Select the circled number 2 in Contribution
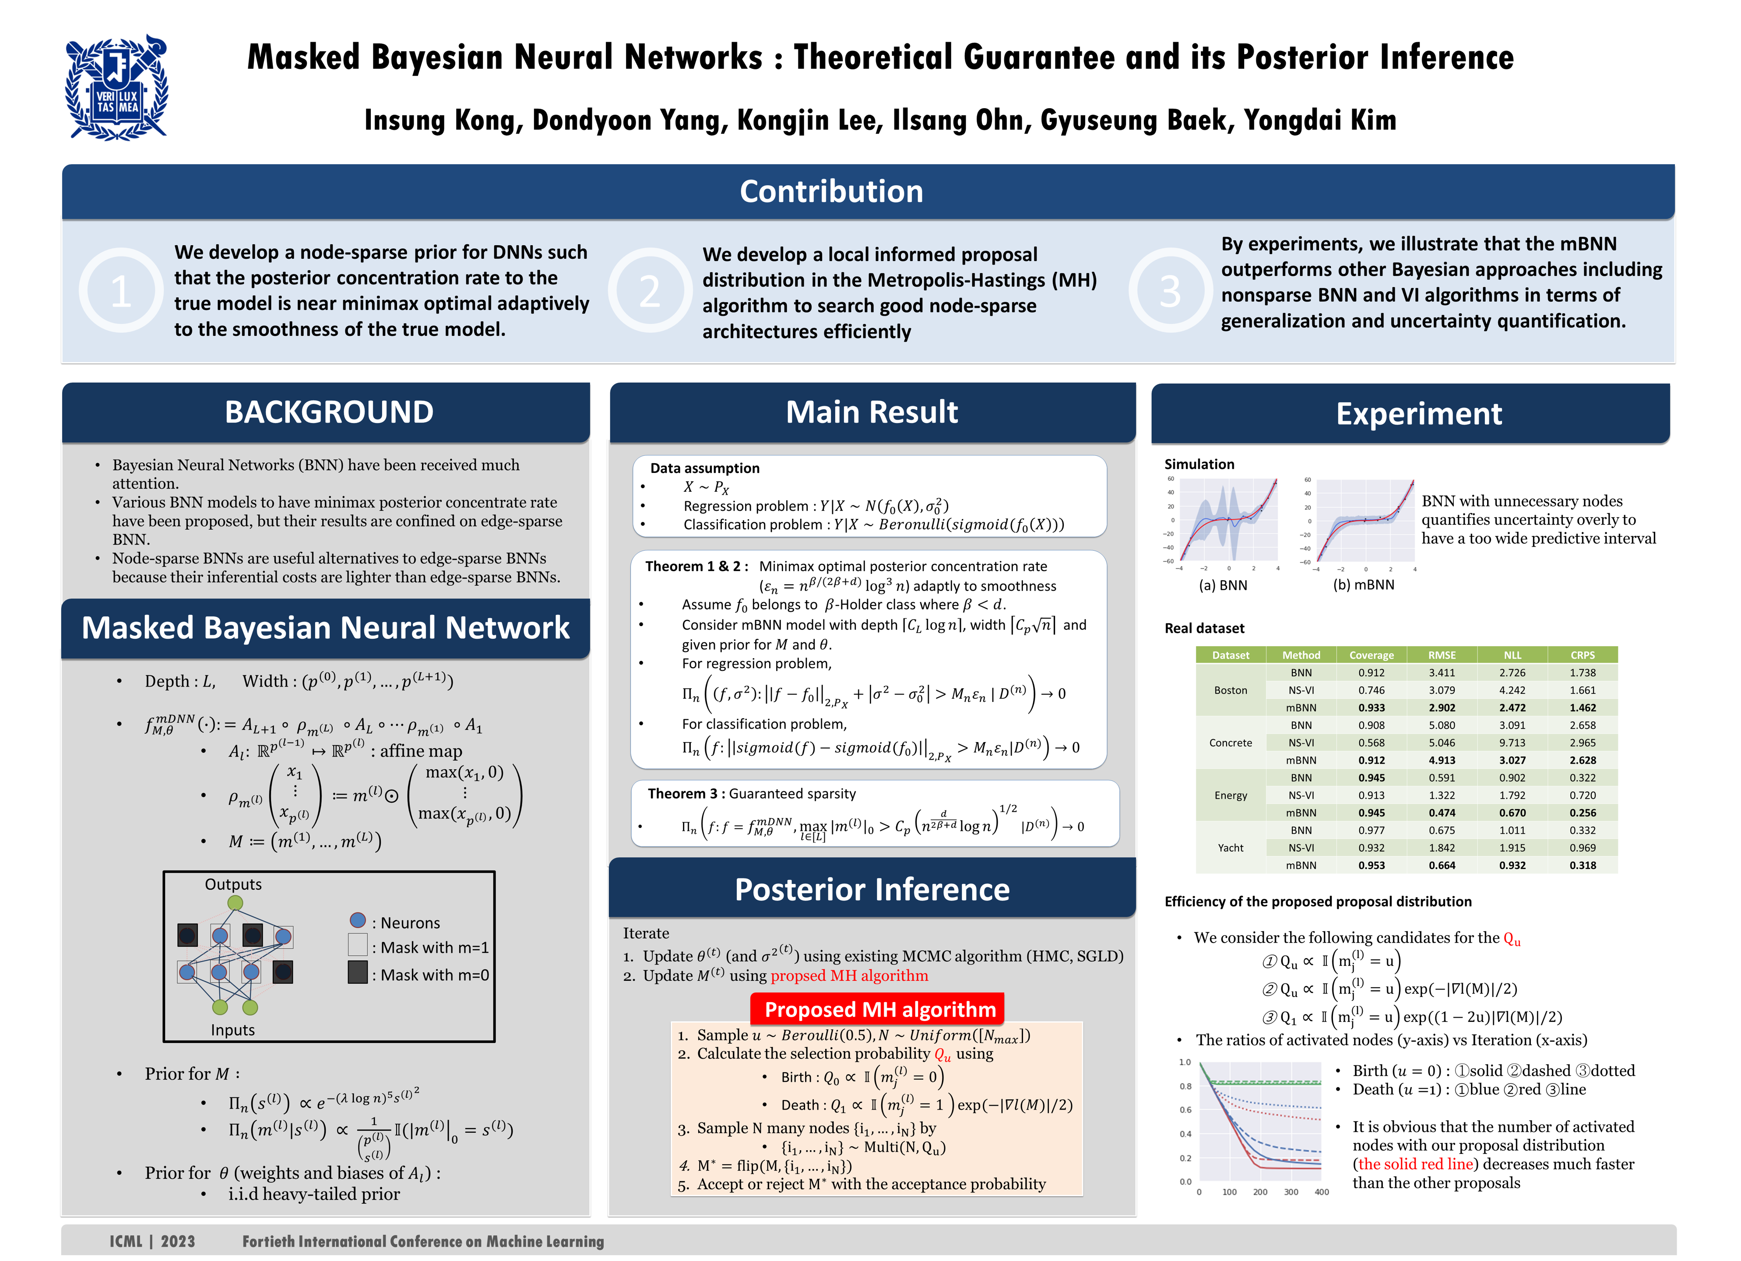point(649,291)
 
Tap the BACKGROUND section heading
point(329,412)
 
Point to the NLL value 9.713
point(1512,743)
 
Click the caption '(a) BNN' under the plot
point(1223,585)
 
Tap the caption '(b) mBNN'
point(1363,585)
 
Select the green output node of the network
point(236,903)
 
